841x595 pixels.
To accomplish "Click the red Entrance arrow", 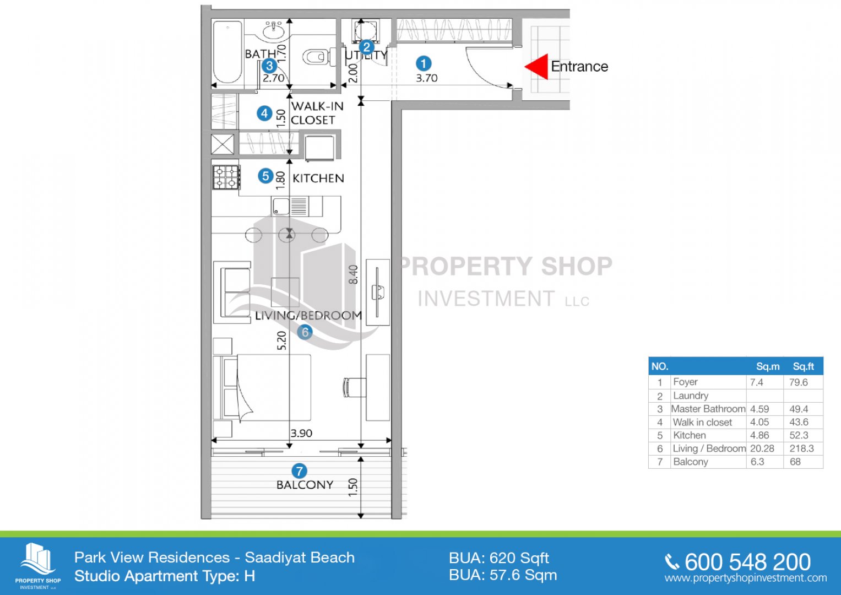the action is pyautogui.click(x=536, y=67).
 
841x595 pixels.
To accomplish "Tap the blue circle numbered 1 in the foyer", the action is pyautogui.click(x=424, y=63).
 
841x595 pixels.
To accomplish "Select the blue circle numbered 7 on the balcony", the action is pyautogui.click(x=299, y=470).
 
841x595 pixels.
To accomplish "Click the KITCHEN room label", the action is pyautogui.click(x=318, y=178).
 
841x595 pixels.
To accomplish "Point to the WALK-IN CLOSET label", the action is pyautogui.click(x=317, y=113).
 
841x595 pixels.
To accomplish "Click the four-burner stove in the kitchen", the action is pyautogui.click(x=226, y=177).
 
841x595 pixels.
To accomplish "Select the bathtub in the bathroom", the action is pyautogui.click(x=227, y=52).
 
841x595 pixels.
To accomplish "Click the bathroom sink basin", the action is pyautogui.click(x=274, y=30).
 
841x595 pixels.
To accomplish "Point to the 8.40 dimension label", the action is pyautogui.click(x=353, y=274).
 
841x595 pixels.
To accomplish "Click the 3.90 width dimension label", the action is pyautogui.click(x=301, y=433).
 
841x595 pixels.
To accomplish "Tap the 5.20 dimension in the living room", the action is pyautogui.click(x=281, y=340).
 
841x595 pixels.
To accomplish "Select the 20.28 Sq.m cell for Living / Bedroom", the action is pyautogui.click(x=762, y=448).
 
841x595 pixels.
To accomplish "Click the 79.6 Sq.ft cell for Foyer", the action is pyautogui.click(x=798, y=382).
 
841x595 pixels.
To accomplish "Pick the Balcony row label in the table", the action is pyautogui.click(x=691, y=462).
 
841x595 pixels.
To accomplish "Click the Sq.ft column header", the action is pyautogui.click(x=803, y=366).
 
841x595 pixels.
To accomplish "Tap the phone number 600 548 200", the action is pyautogui.click(x=748, y=562).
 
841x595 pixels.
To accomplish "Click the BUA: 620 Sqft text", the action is pyautogui.click(x=499, y=558).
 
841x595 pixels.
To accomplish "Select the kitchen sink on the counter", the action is pyautogui.click(x=281, y=206).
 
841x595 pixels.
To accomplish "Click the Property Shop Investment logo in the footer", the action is pyautogui.click(x=37, y=566).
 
